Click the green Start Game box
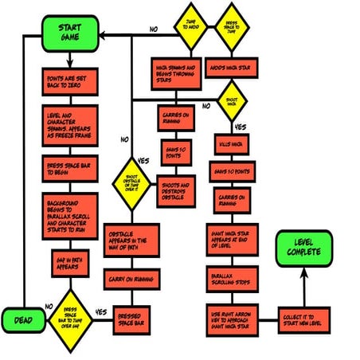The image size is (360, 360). [69, 32]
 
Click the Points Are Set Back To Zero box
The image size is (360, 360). [69, 80]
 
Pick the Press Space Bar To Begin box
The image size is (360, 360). [69, 169]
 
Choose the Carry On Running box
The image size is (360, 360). [132, 279]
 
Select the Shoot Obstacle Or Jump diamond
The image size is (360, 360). [132, 182]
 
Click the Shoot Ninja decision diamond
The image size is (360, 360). [233, 102]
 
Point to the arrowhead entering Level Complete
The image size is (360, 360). [303, 272]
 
